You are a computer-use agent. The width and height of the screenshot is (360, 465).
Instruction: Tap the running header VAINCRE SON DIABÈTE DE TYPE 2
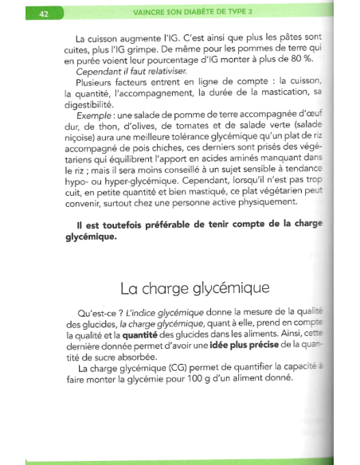click(x=196, y=11)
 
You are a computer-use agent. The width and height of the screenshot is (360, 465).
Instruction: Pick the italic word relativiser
click(x=162, y=71)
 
